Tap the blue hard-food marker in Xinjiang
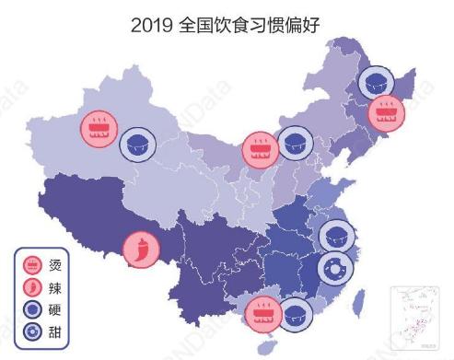click(x=138, y=145)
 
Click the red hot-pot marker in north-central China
click(x=260, y=145)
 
